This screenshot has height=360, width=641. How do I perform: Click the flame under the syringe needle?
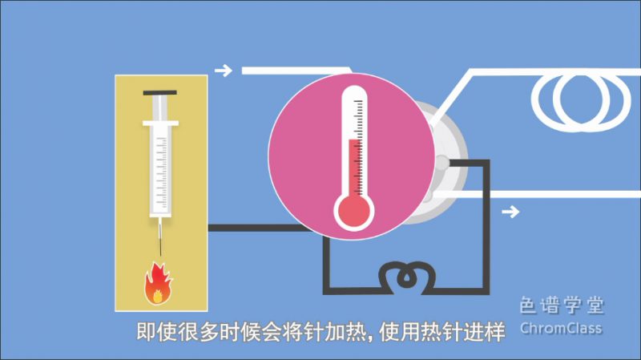(x=157, y=283)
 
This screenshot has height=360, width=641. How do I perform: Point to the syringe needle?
(x=160, y=237)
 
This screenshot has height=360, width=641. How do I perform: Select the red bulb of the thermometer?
(x=353, y=211)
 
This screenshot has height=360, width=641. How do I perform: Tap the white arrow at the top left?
(x=224, y=71)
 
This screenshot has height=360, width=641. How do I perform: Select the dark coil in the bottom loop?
(x=406, y=277)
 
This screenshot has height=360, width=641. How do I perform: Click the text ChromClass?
(x=560, y=329)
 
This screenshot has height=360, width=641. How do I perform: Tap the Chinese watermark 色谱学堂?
(x=560, y=305)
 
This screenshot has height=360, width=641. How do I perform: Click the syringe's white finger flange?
(x=160, y=124)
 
